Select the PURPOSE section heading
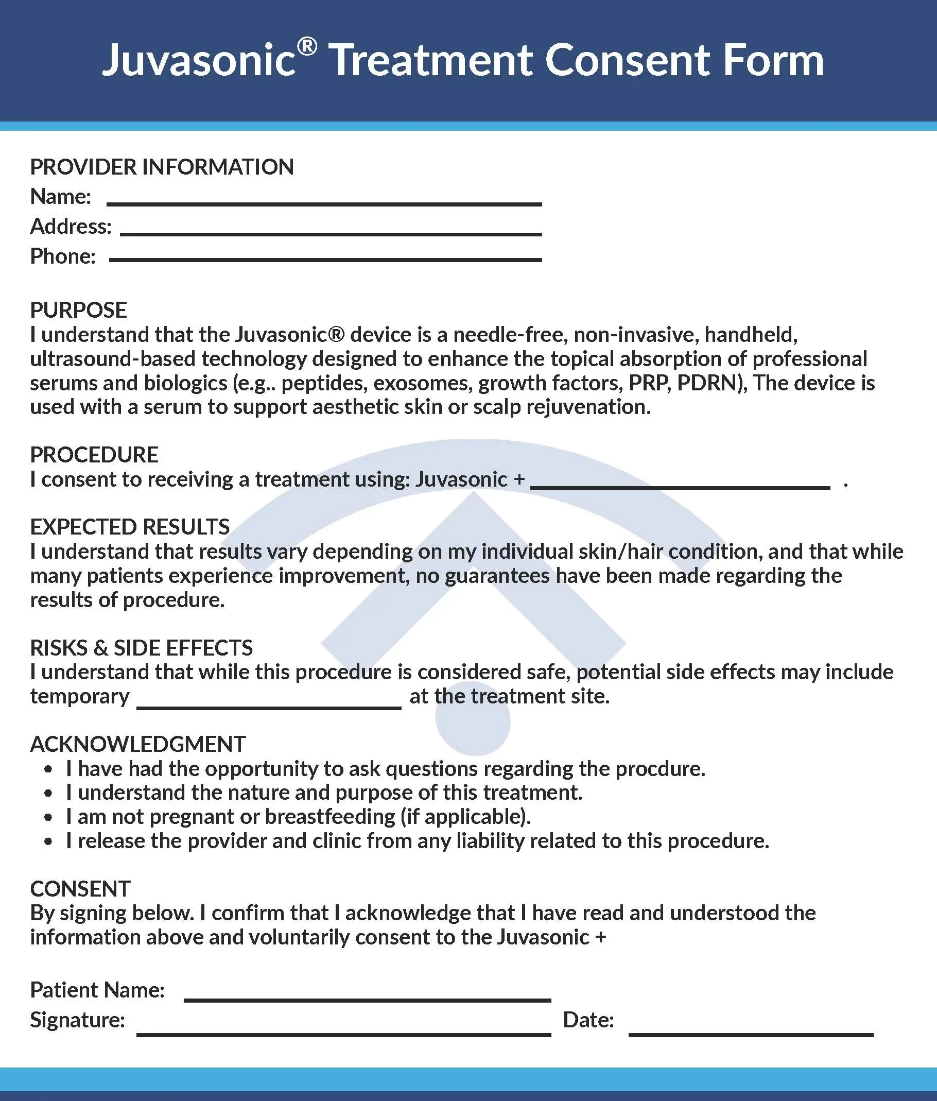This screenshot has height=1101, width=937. pyautogui.click(x=79, y=310)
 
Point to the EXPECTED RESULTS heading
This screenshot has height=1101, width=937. pyautogui.click(x=130, y=527)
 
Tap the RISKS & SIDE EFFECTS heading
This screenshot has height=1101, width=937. pyautogui.click(x=141, y=648)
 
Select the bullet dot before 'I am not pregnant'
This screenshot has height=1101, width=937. pyautogui.click(x=49, y=818)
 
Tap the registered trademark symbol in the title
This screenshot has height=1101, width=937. pyautogui.click(x=307, y=47)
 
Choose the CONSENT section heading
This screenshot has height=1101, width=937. pyautogui.click(x=80, y=889)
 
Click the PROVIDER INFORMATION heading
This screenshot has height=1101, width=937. pyautogui.click(x=162, y=167)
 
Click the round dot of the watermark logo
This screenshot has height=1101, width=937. pyautogui.click(x=472, y=720)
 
